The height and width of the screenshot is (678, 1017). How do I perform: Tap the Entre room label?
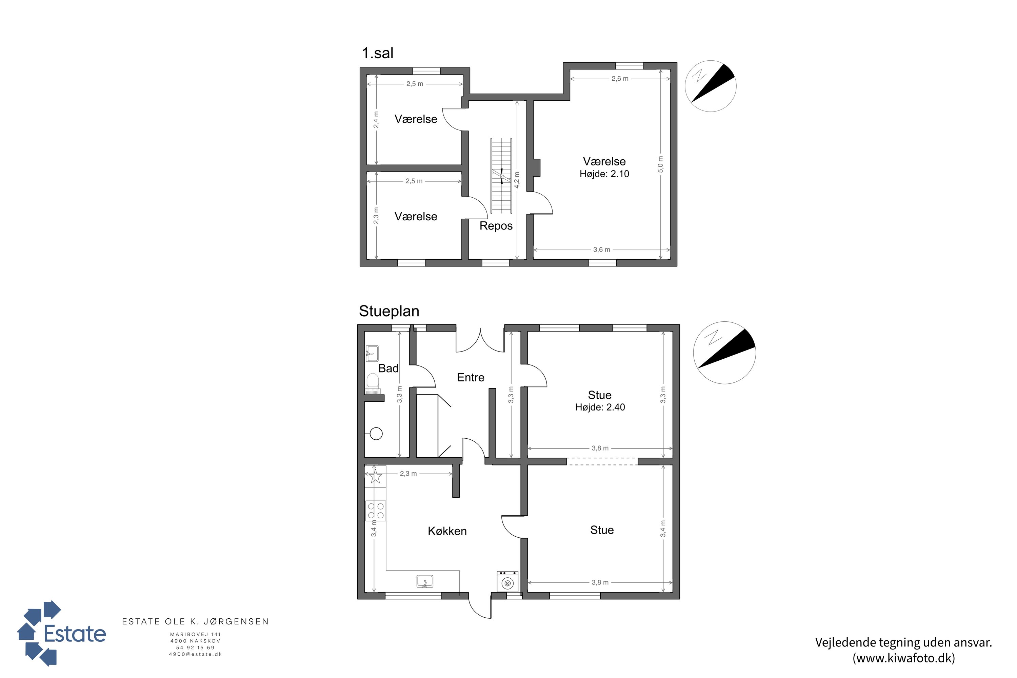(471, 378)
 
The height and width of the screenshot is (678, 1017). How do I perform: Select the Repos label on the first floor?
(496, 226)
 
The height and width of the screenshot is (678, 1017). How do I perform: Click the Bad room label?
(388, 368)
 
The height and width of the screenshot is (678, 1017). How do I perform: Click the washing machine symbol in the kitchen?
(507, 581)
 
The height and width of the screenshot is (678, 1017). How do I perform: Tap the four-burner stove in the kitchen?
(376, 511)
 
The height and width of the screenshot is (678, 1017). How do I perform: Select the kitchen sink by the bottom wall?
(425, 581)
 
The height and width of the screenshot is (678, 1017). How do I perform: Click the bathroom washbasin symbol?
(372, 353)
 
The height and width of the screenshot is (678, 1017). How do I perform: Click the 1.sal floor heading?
(378, 53)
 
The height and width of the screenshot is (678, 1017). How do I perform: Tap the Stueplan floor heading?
(389, 311)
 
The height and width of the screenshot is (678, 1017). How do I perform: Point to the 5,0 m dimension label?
(660, 164)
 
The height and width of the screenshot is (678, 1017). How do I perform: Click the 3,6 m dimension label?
(601, 250)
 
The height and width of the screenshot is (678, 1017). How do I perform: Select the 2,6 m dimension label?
(620, 79)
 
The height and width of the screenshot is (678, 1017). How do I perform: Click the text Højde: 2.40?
(600, 407)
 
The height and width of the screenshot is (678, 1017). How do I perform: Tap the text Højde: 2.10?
(604, 174)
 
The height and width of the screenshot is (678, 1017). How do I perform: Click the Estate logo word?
(75, 634)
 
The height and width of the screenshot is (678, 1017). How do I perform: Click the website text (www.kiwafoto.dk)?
(904, 658)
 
